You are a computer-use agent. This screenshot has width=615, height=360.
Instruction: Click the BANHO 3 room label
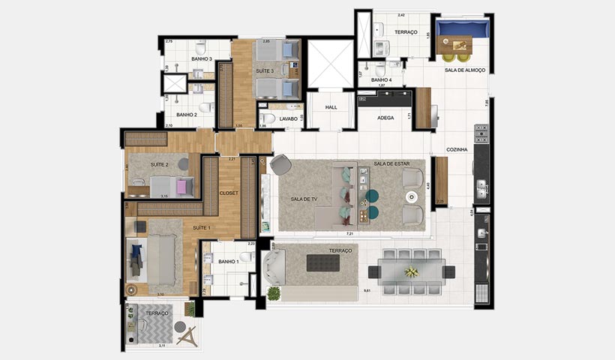[201, 58]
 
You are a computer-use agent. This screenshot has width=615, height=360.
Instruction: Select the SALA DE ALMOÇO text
[465, 70]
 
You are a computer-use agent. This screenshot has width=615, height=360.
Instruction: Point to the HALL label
[331, 107]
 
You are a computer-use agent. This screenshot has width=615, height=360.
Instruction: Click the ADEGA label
[385, 118]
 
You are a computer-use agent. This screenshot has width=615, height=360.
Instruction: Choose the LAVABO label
[289, 118]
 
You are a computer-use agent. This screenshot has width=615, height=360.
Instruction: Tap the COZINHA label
[457, 150]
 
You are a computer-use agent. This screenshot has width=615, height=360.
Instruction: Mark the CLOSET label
[229, 193]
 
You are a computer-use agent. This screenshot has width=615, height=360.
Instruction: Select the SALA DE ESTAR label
[391, 164]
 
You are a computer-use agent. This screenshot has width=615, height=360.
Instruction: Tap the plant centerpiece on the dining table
[412, 271]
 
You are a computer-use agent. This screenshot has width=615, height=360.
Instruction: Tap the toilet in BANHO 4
[380, 70]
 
